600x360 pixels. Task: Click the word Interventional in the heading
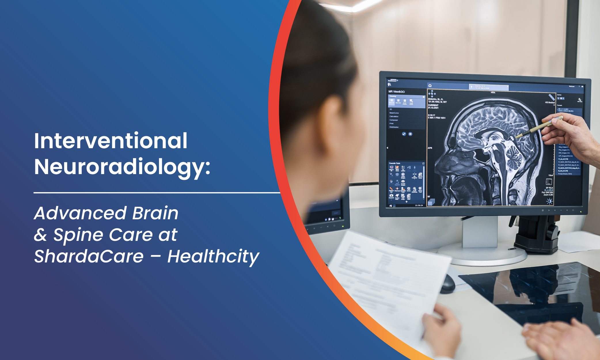click(111, 141)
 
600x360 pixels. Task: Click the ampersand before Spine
click(40, 235)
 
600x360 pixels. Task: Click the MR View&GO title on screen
click(396, 92)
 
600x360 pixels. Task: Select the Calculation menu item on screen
click(394, 117)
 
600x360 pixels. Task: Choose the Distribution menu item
click(394, 127)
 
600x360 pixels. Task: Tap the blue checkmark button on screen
click(404, 134)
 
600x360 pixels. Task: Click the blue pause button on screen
click(410, 134)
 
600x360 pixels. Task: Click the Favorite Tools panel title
click(394, 163)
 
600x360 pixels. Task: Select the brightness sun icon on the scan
click(549, 201)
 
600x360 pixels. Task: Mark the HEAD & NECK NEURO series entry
click(566, 111)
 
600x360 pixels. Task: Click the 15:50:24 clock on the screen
click(419, 205)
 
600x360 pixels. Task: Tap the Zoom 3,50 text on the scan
click(548, 195)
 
